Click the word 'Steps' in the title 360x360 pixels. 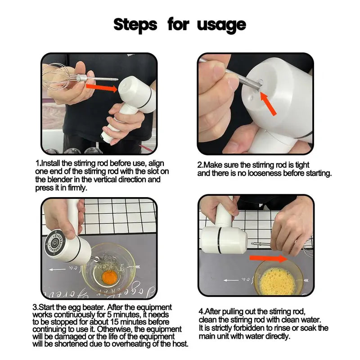click(135, 24)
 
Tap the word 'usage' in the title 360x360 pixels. click(221, 25)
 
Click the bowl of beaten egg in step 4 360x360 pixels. click(278, 278)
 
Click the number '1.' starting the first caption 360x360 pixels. click(38, 163)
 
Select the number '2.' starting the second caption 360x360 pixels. click(201, 166)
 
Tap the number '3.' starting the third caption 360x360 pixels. click(36, 307)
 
